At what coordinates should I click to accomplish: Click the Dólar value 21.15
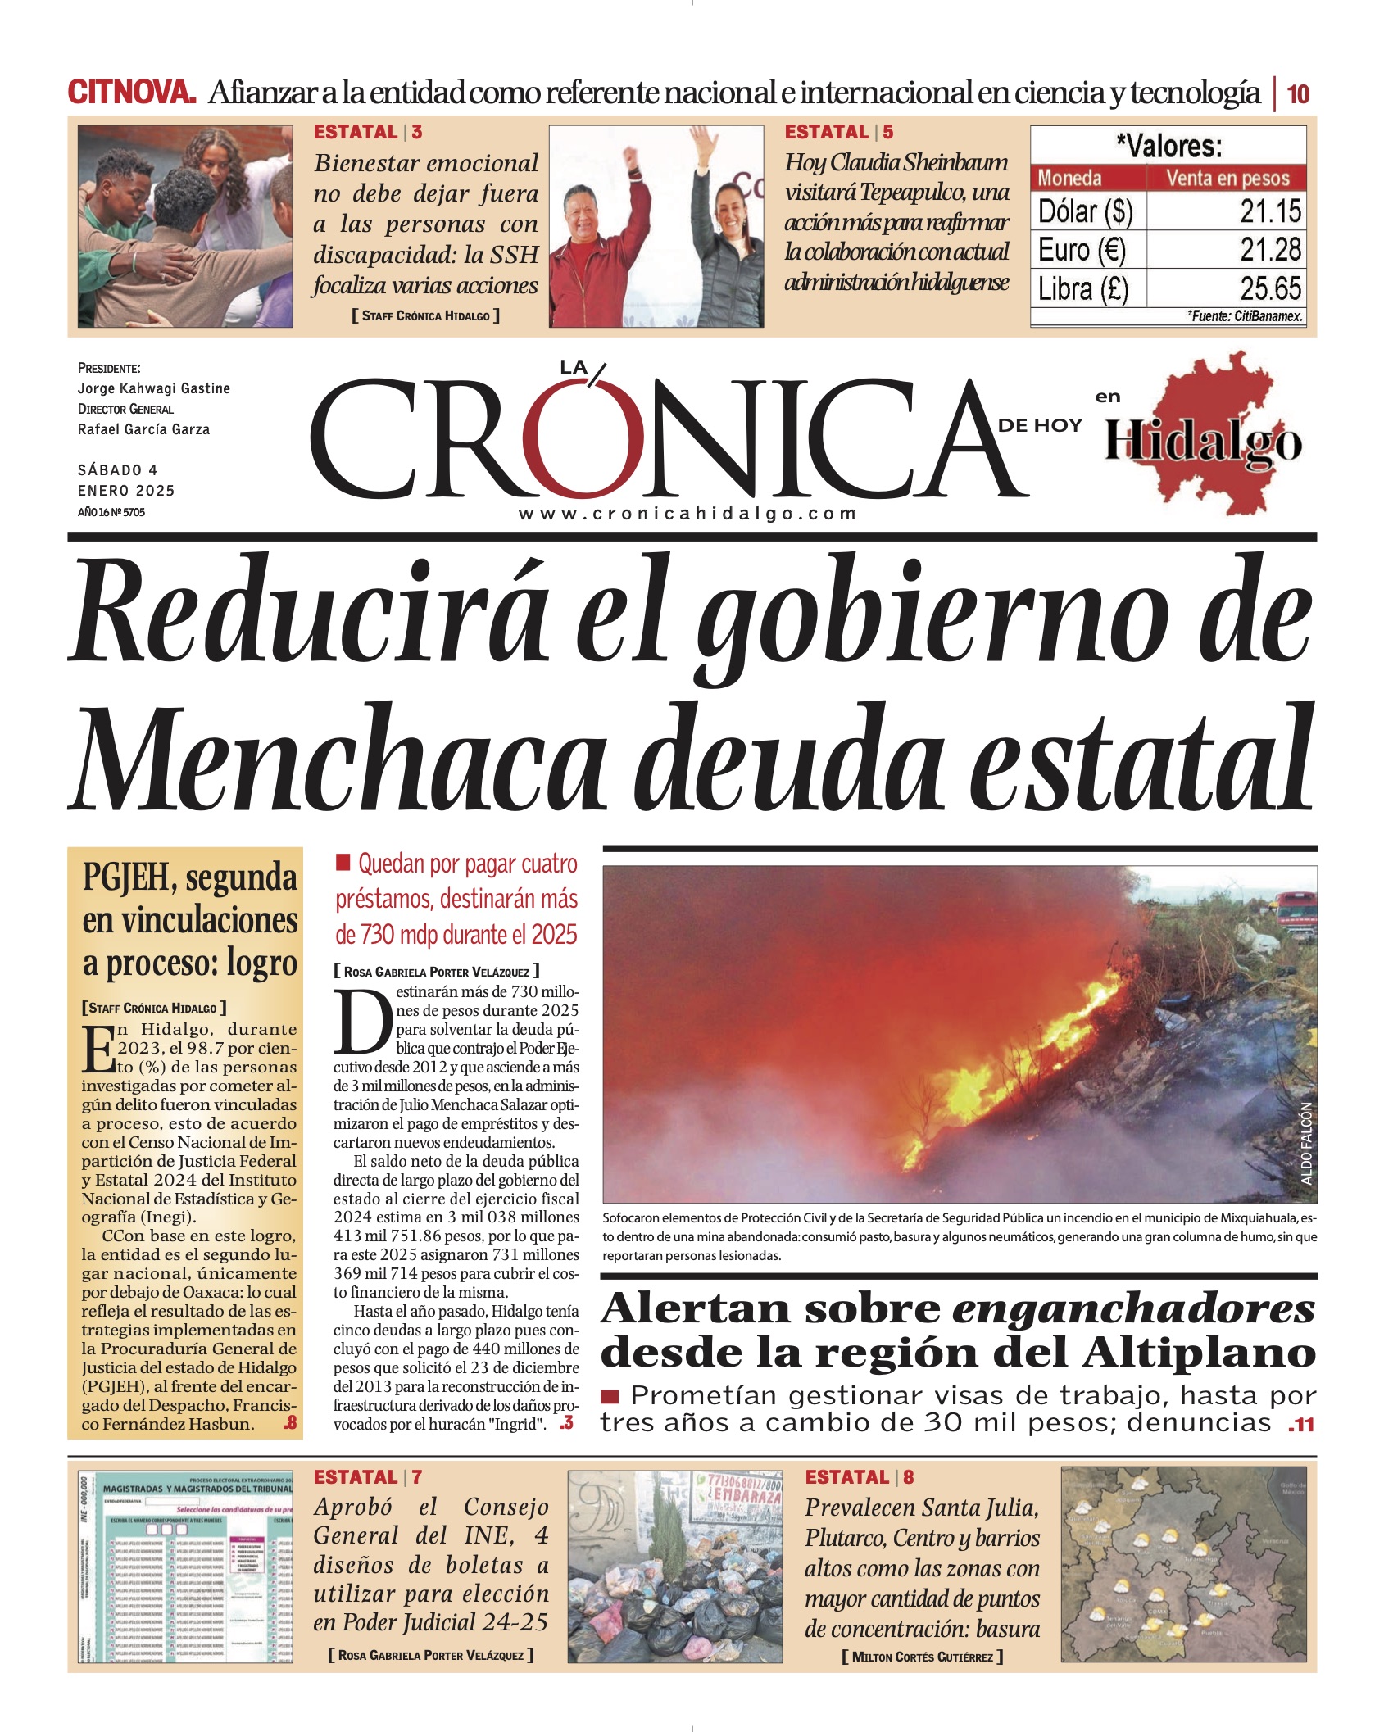tap(1269, 211)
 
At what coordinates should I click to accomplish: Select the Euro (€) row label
tap(1082, 250)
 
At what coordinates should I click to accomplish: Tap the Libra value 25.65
tap(1269, 288)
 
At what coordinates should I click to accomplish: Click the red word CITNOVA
tap(131, 93)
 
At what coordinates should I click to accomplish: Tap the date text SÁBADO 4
tap(117, 470)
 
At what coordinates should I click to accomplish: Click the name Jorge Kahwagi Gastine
tap(153, 388)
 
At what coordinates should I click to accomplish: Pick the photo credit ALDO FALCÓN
tap(1306, 1142)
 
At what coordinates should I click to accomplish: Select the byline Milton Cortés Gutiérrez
tap(922, 1657)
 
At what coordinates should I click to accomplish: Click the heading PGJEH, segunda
tap(189, 877)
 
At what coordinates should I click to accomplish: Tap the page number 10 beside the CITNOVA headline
tap(1298, 94)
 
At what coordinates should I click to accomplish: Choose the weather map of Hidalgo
tap(1187, 1565)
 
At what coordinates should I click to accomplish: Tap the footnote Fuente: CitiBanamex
tap(1246, 316)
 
